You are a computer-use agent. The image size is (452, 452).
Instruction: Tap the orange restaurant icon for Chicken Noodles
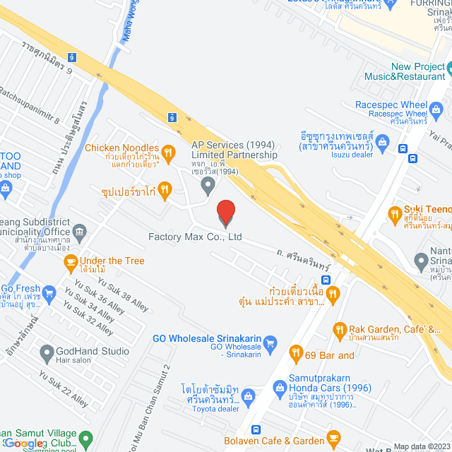coord(168,150)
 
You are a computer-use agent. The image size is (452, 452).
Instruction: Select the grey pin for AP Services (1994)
coord(208,186)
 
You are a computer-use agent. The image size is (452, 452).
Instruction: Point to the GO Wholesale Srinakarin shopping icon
coord(269,344)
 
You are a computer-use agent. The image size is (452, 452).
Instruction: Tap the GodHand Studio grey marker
coord(47,351)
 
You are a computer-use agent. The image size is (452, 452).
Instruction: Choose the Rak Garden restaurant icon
coord(340,329)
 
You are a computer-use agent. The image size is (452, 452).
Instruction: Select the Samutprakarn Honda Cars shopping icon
coord(280,388)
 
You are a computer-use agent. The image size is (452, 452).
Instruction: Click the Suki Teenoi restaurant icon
coord(395,212)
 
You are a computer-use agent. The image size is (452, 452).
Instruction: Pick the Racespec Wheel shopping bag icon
coord(436,109)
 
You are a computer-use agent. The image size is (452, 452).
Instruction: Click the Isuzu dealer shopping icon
coord(383,141)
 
